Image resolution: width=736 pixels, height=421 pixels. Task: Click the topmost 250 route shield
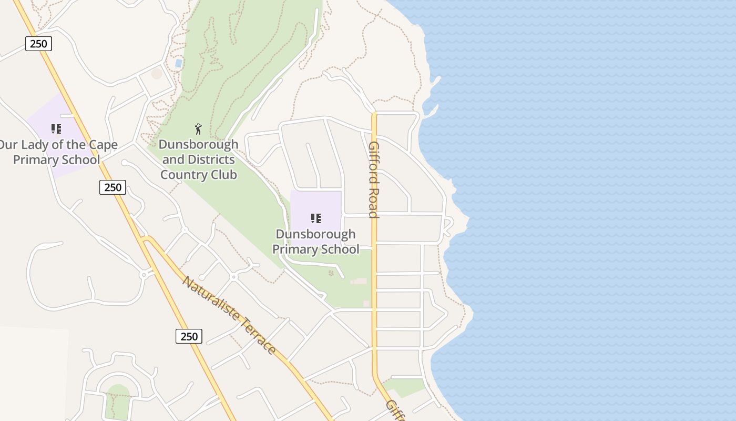38,44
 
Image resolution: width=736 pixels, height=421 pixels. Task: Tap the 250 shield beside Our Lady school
113,187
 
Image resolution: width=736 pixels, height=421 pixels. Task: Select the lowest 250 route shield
189,336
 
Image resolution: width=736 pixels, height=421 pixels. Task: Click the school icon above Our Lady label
56,129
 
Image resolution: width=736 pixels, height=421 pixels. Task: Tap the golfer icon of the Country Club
198,129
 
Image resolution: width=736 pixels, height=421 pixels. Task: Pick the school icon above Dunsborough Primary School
315,218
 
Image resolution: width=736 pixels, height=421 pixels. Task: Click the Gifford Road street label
373,179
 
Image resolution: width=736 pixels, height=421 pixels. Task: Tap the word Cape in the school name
103,145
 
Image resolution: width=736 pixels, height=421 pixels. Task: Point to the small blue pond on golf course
179,63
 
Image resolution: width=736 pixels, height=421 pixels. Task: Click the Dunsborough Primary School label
315,242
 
